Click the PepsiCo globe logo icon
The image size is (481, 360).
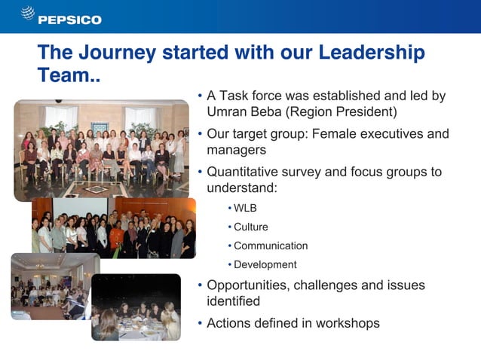(x=27, y=14)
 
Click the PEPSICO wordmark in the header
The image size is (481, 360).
(x=69, y=20)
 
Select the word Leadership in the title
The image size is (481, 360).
(x=372, y=53)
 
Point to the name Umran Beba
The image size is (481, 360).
(x=241, y=111)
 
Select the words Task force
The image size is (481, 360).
(x=250, y=96)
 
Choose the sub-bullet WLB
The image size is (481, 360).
(x=245, y=208)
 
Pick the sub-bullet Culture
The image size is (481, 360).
(x=250, y=227)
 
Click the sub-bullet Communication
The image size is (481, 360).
(x=271, y=246)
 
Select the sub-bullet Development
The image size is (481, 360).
(x=265, y=264)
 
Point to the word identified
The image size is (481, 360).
(x=233, y=301)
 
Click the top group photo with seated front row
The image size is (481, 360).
(x=101, y=150)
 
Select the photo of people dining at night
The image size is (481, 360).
(x=136, y=307)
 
